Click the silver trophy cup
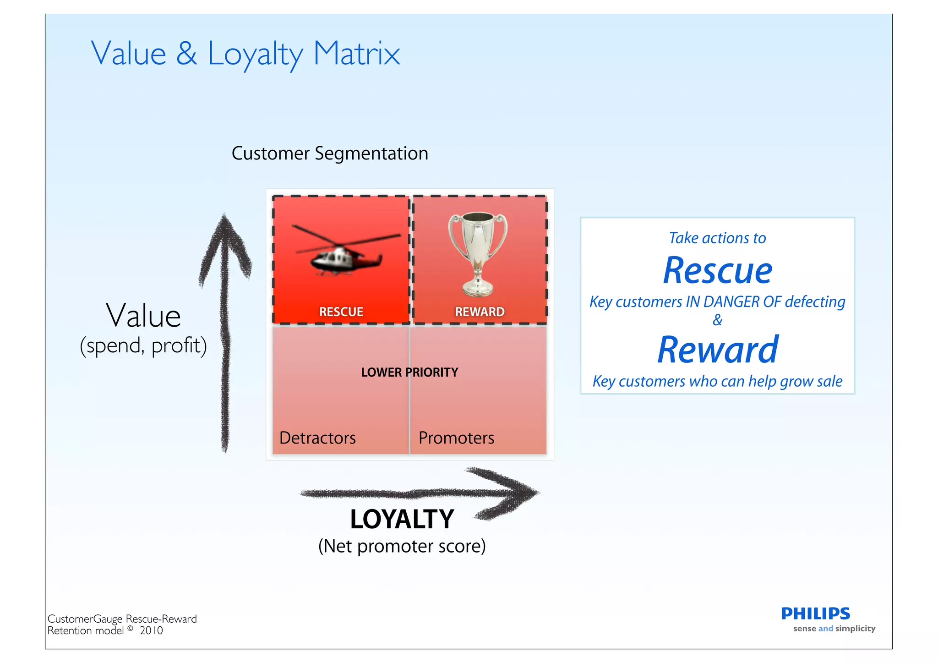[478, 253]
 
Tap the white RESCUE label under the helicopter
[341, 312]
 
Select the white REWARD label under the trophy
[480, 312]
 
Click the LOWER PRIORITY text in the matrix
[409, 373]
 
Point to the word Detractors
[317, 438]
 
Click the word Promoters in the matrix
[456, 438]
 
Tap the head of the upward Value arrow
[224, 238]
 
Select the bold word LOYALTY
[402, 520]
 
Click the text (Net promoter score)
[402, 546]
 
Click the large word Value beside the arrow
[143, 316]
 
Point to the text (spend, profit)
[143, 345]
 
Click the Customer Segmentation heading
[330, 153]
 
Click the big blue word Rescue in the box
[717, 271]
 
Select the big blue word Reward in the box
[717, 350]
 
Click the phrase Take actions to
[717, 238]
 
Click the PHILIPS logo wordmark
[815, 614]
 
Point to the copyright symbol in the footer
[131, 629]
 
